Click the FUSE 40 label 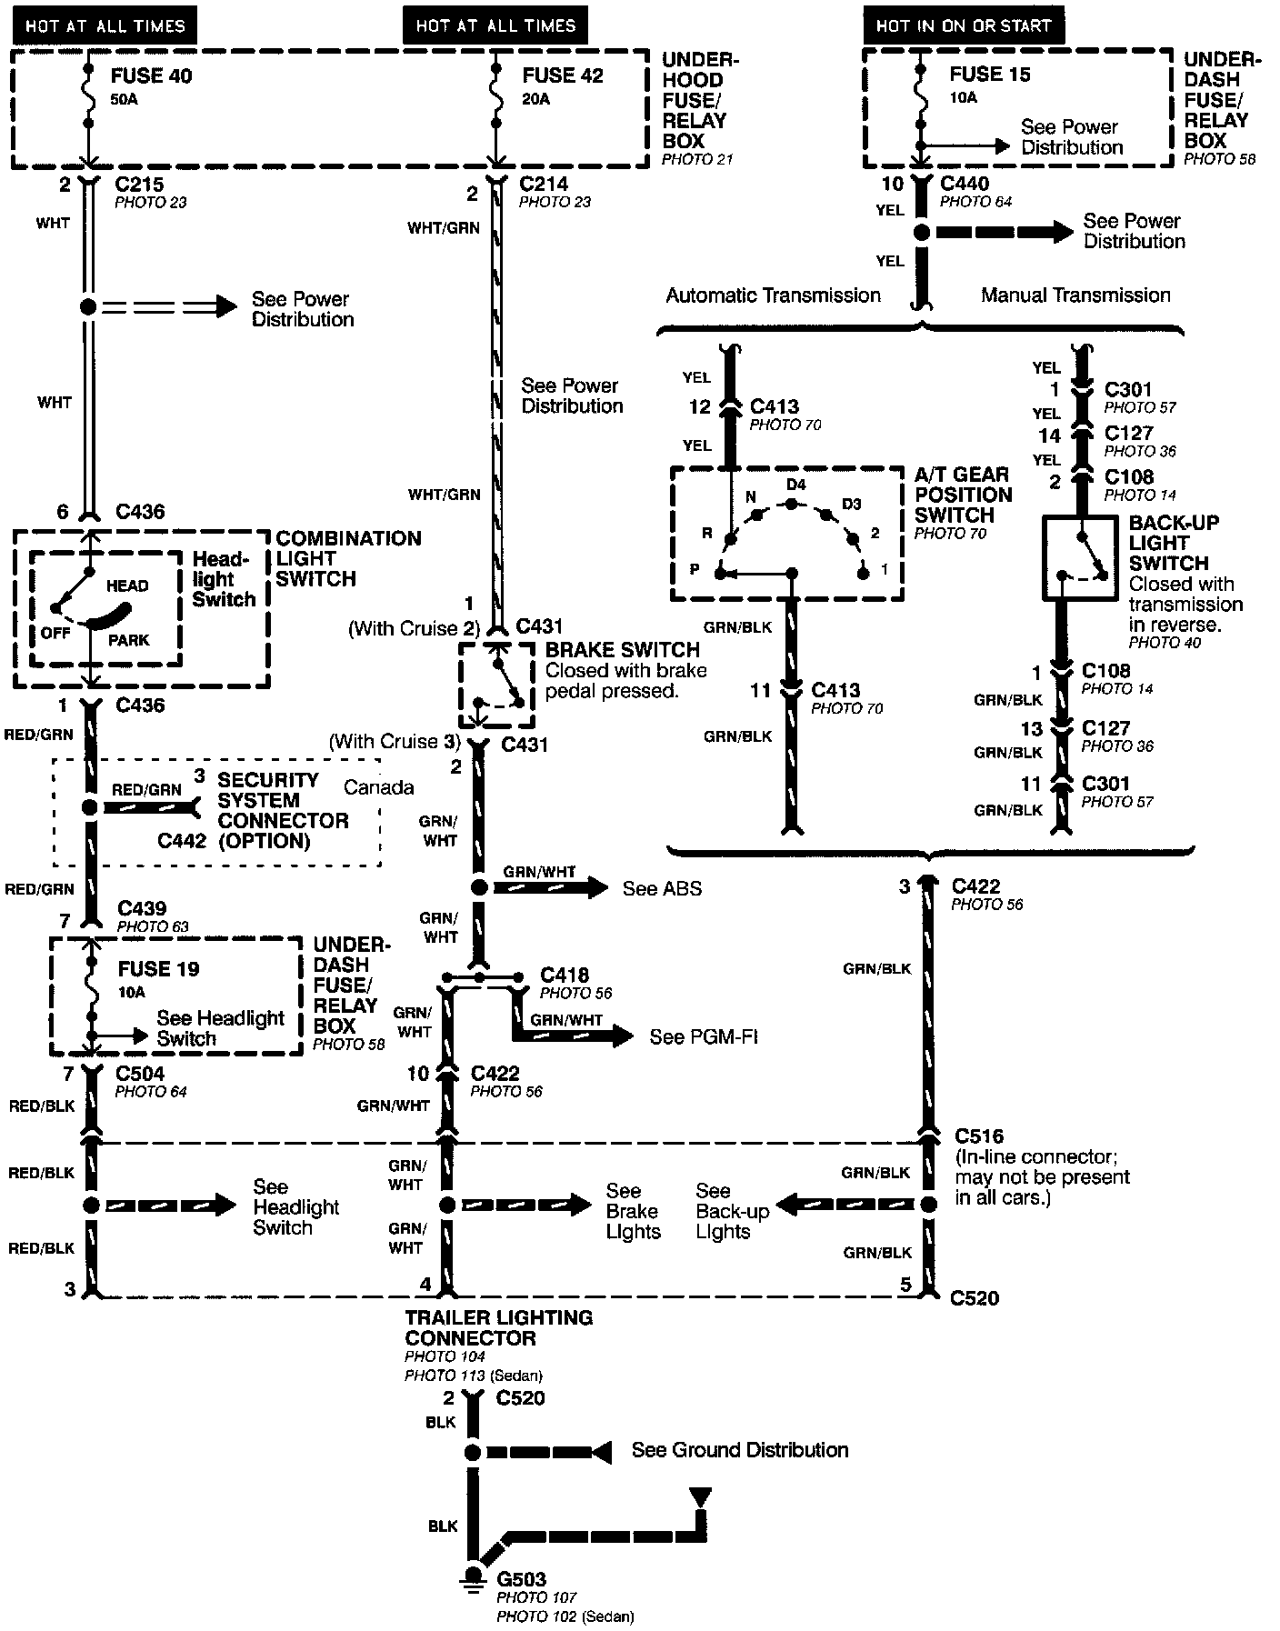pos(151,75)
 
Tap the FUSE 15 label pos(990,75)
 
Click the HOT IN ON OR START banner pos(963,25)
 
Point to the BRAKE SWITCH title pos(623,650)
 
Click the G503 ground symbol pos(472,1576)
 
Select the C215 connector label pos(139,184)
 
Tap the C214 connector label pos(544,184)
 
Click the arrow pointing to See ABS pos(551,887)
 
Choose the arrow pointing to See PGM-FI pos(574,1036)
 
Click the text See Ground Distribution pos(740,1450)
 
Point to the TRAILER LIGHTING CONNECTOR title pos(499,1327)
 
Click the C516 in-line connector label pos(979,1136)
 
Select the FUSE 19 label pos(158,969)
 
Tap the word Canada pos(379,787)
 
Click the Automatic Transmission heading pos(773,295)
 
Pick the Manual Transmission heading pos(1075,295)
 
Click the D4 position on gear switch pos(795,485)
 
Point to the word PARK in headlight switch pos(129,640)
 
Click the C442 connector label pos(182,841)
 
